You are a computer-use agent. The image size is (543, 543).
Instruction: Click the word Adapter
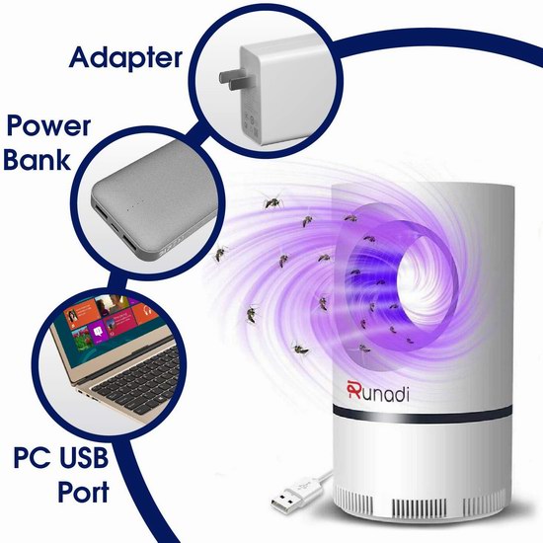pyautogui.click(x=125, y=58)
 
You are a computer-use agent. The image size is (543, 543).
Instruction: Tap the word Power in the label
pyautogui.click(x=48, y=126)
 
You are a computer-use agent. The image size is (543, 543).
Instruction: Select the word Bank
pyautogui.click(x=38, y=159)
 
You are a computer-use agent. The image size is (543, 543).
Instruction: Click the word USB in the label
pyautogui.click(x=84, y=457)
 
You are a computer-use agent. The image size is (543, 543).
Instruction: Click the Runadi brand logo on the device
pyautogui.click(x=378, y=391)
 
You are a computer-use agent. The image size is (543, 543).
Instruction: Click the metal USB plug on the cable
pyautogui.click(x=281, y=500)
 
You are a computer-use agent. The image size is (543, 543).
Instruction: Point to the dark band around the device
pyautogui.click(x=423, y=413)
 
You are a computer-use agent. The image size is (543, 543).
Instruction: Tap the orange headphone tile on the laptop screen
pyautogui.click(x=145, y=311)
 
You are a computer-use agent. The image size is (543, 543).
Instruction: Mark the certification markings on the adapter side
pyautogui.click(x=251, y=122)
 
